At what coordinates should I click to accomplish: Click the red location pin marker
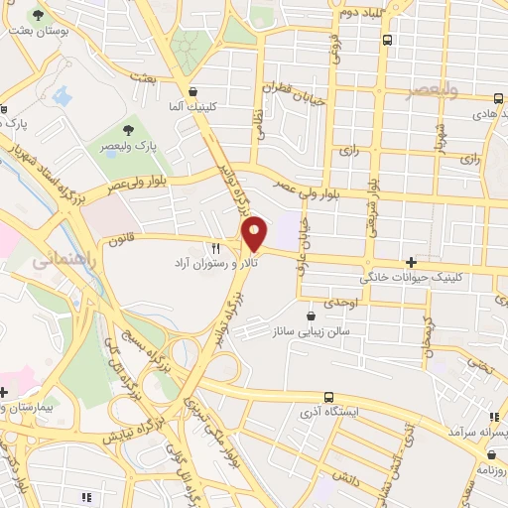click(255, 233)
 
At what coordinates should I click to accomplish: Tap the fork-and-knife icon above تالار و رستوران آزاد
click(214, 247)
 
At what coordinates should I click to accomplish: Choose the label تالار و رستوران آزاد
click(214, 265)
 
